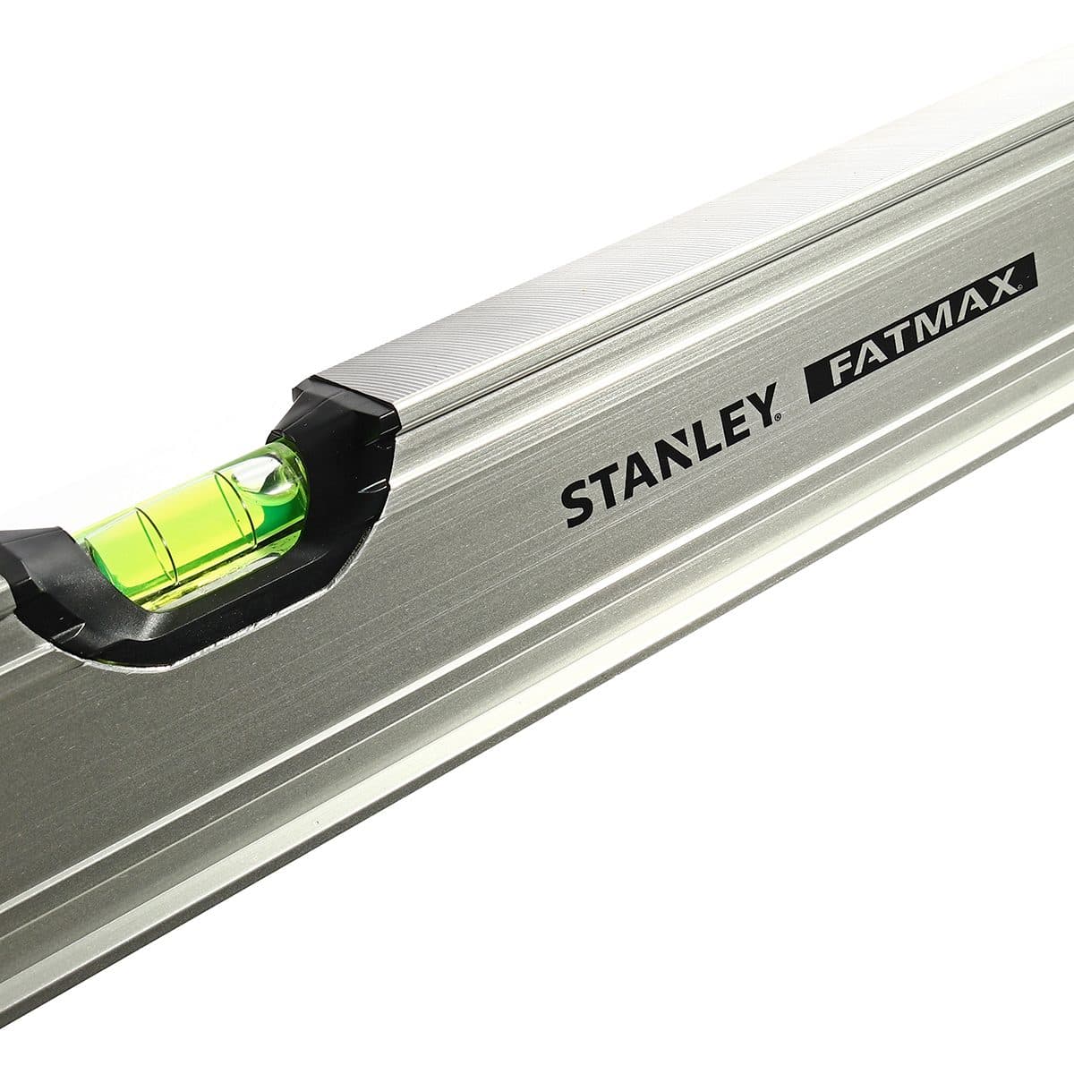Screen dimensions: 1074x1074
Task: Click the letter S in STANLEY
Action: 577,500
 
